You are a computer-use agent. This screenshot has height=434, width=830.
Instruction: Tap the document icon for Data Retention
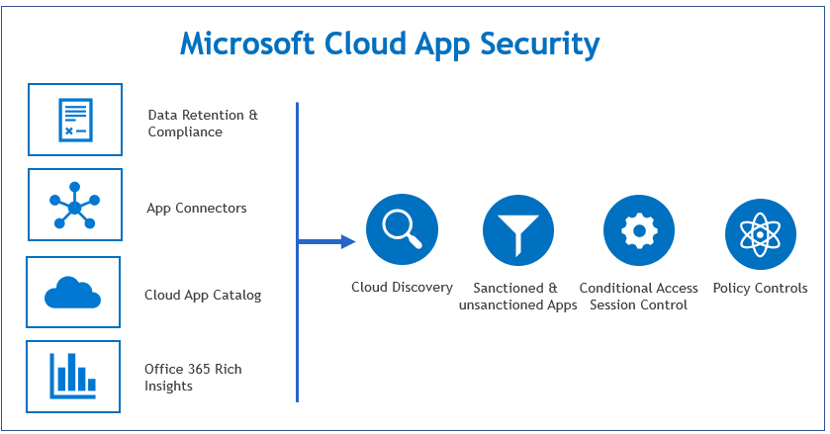pos(75,120)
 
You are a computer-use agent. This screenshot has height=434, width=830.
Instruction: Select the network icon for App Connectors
pos(75,205)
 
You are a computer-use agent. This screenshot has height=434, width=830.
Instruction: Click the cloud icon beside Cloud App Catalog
pos(73,293)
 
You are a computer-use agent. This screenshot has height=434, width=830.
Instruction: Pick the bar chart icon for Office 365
pos(73,375)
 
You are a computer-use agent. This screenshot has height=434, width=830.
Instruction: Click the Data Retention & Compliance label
pos(203,124)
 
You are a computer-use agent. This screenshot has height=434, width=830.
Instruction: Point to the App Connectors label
pos(197,208)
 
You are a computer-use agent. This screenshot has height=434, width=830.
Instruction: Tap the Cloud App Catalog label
pos(203,295)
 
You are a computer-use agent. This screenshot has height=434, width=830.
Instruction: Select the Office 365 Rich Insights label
pos(193,377)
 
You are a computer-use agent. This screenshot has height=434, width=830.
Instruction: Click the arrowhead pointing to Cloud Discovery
pos(347,241)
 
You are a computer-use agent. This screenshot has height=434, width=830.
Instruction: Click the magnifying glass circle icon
pos(402,231)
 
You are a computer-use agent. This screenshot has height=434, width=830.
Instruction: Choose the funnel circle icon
pos(518,231)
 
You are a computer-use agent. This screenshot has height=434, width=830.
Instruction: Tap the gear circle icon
pos(639,231)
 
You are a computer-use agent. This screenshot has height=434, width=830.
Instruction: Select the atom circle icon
pos(761,231)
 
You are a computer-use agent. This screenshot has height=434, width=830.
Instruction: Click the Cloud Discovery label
pos(402,288)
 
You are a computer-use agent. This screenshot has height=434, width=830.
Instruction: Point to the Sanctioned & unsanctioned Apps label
pos(518,297)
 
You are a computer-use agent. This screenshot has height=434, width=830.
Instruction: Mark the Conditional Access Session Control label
pos(639,297)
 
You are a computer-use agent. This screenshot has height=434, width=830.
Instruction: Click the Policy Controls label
pos(761,289)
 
